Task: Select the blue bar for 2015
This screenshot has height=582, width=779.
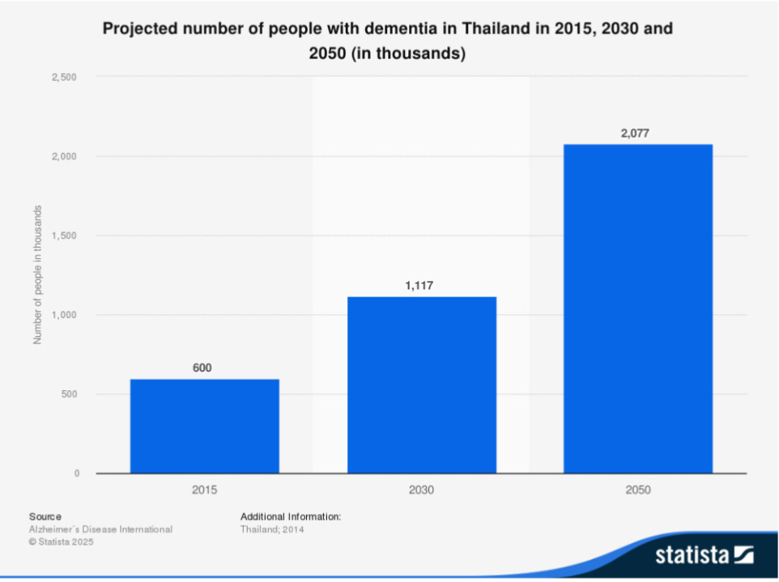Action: [204, 426]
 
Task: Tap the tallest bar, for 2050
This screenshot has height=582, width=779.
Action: [638, 308]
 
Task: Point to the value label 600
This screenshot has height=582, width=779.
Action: [202, 368]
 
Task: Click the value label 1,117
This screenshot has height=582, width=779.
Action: [421, 286]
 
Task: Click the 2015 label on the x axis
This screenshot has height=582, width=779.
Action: [204, 490]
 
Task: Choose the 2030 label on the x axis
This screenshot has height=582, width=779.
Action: [421, 490]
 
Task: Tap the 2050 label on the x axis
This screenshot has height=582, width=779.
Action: [638, 490]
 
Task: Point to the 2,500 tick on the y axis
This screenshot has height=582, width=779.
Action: [63, 77]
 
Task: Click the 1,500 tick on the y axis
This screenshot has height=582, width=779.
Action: [63, 236]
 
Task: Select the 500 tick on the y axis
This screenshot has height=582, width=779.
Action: [68, 394]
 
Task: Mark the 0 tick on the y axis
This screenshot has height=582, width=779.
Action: [77, 474]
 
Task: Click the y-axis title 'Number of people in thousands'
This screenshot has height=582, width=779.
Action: [37, 275]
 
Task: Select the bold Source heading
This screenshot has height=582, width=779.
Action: [45, 516]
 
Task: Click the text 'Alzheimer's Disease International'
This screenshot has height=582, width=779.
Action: [100, 529]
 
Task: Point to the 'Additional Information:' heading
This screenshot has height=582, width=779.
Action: [291, 516]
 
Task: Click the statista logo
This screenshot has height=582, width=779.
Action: [703, 555]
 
